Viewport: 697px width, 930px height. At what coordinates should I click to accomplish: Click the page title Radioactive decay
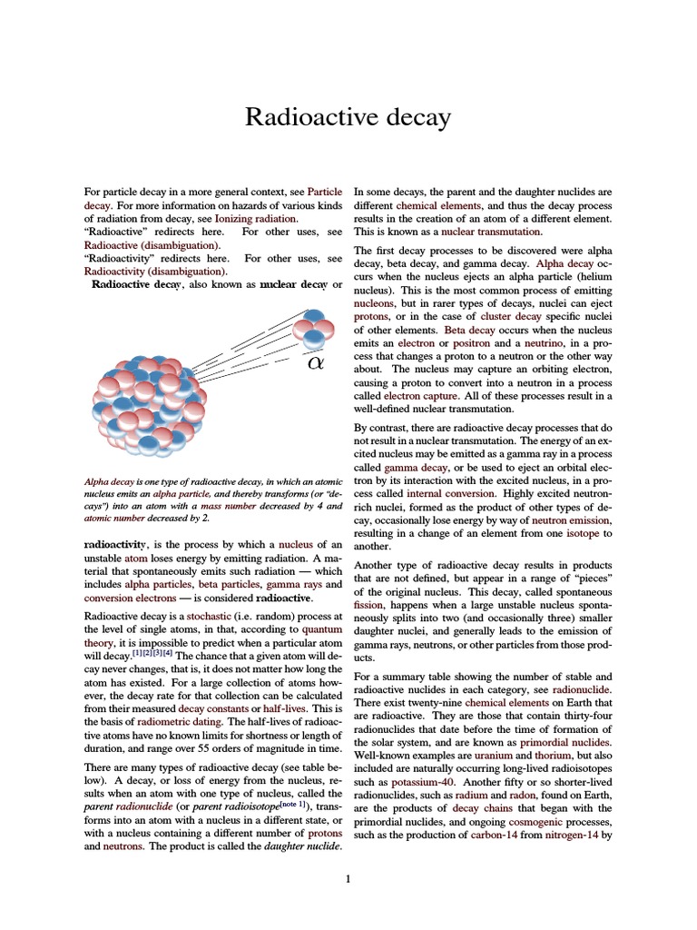click(x=348, y=118)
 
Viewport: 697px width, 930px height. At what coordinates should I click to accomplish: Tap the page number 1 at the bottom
click(x=348, y=878)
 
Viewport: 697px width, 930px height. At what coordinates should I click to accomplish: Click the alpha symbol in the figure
click(x=315, y=363)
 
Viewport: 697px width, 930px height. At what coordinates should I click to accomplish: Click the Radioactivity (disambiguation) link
click(x=156, y=271)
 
